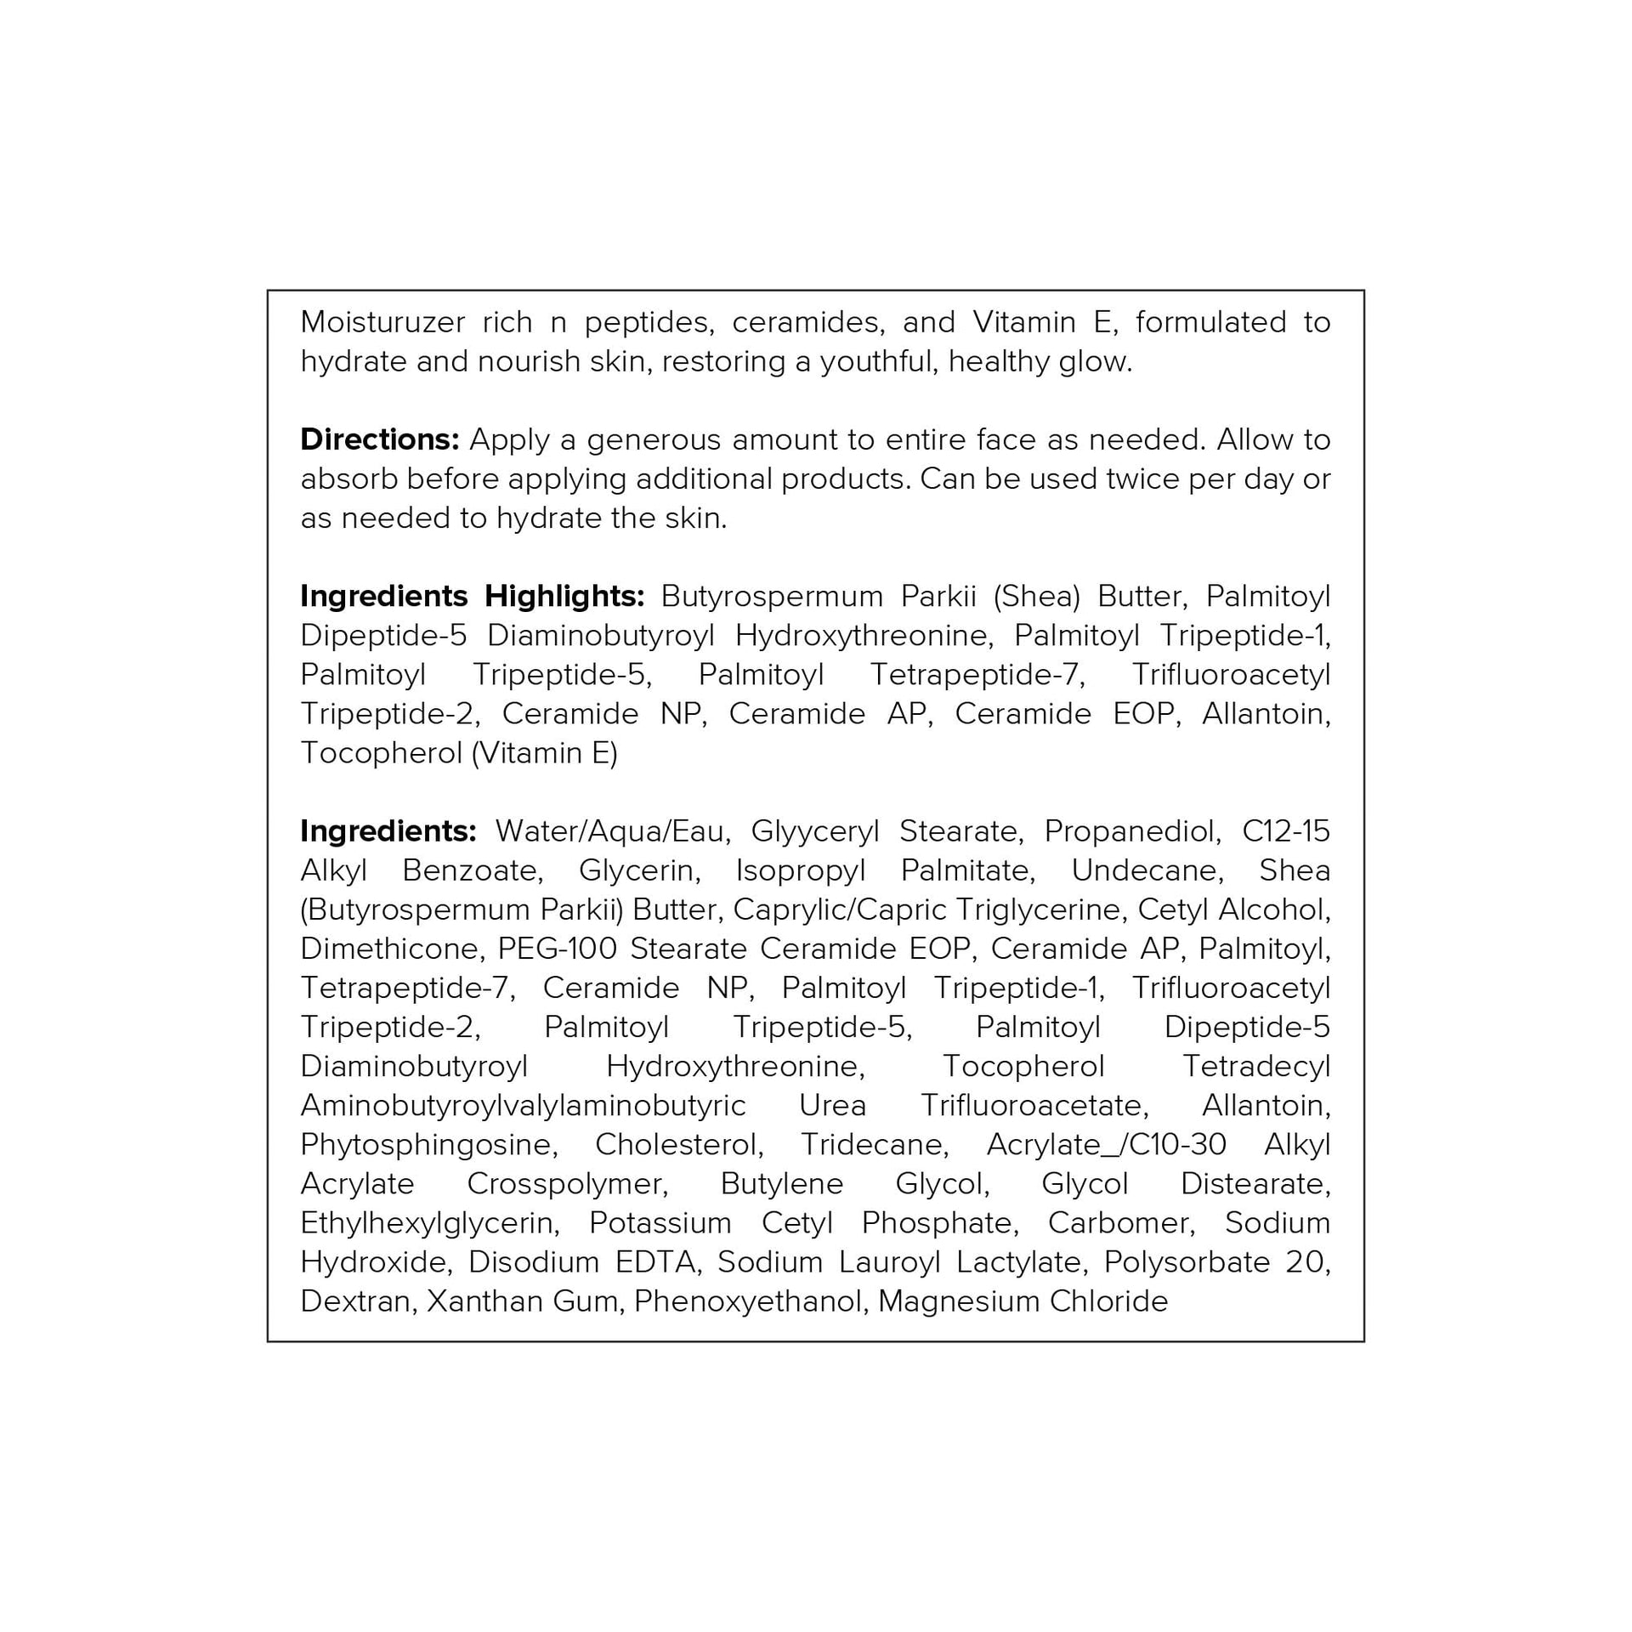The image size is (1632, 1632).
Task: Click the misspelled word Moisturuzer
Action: click(382, 322)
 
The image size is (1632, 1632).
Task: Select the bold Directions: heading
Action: click(379, 439)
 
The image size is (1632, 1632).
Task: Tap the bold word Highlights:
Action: click(564, 596)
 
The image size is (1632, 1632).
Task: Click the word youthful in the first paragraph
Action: click(879, 361)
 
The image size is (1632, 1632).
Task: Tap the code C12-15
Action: click(1285, 830)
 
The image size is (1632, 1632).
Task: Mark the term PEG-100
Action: click(557, 948)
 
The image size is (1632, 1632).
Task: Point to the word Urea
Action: click(832, 1105)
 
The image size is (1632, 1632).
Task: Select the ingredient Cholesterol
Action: click(678, 1144)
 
